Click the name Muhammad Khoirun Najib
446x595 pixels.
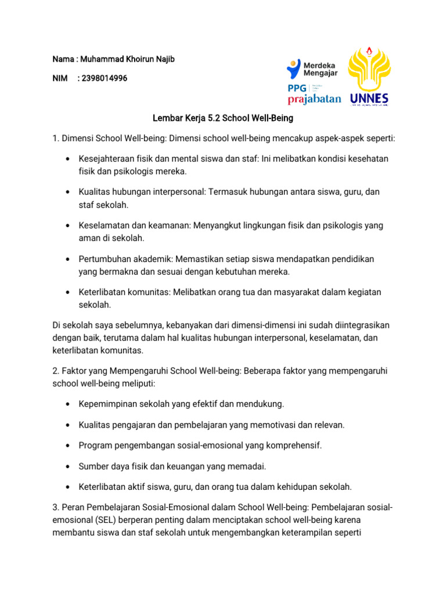(x=128, y=60)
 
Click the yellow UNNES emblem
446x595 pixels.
(x=369, y=70)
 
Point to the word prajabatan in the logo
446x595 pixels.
(x=314, y=99)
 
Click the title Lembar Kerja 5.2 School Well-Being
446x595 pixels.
(x=223, y=119)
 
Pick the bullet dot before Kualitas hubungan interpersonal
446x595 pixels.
(x=69, y=192)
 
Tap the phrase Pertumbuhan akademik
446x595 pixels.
(x=123, y=258)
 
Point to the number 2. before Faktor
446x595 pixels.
(x=56, y=370)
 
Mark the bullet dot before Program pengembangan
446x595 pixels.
(x=69, y=446)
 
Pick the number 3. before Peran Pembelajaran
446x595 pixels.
(x=56, y=508)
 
